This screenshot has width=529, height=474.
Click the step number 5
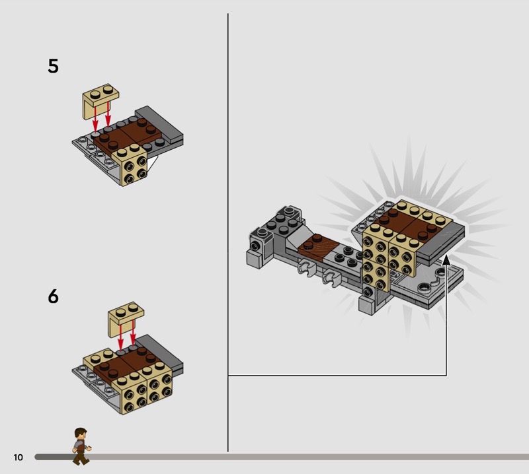(54, 66)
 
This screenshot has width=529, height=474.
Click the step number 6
(54, 296)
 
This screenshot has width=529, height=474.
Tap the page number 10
(19, 457)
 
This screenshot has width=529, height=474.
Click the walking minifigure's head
(81, 434)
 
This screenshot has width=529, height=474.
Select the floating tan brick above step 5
(101, 100)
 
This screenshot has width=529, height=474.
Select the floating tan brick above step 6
(126, 318)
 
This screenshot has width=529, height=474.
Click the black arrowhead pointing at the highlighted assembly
(446, 261)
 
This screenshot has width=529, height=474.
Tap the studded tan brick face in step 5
(135, 171)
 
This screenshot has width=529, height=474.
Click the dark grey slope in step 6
(159, 352)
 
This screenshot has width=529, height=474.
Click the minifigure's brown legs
(81, 457)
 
